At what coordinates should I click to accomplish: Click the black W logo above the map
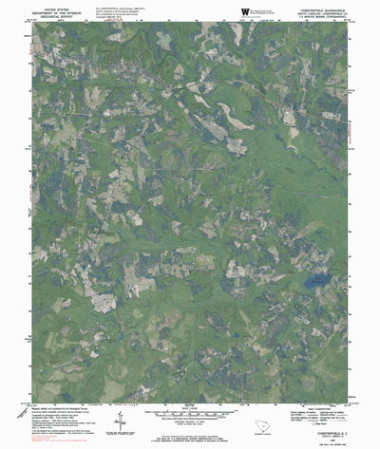[245, 10]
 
